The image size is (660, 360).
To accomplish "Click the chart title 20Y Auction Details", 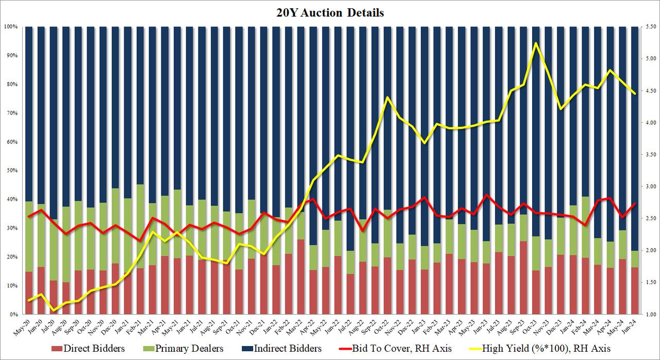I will click(331, 13).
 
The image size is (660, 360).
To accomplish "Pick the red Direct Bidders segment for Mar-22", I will click(301, 277).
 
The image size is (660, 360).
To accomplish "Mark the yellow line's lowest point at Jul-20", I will click(53, 310).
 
